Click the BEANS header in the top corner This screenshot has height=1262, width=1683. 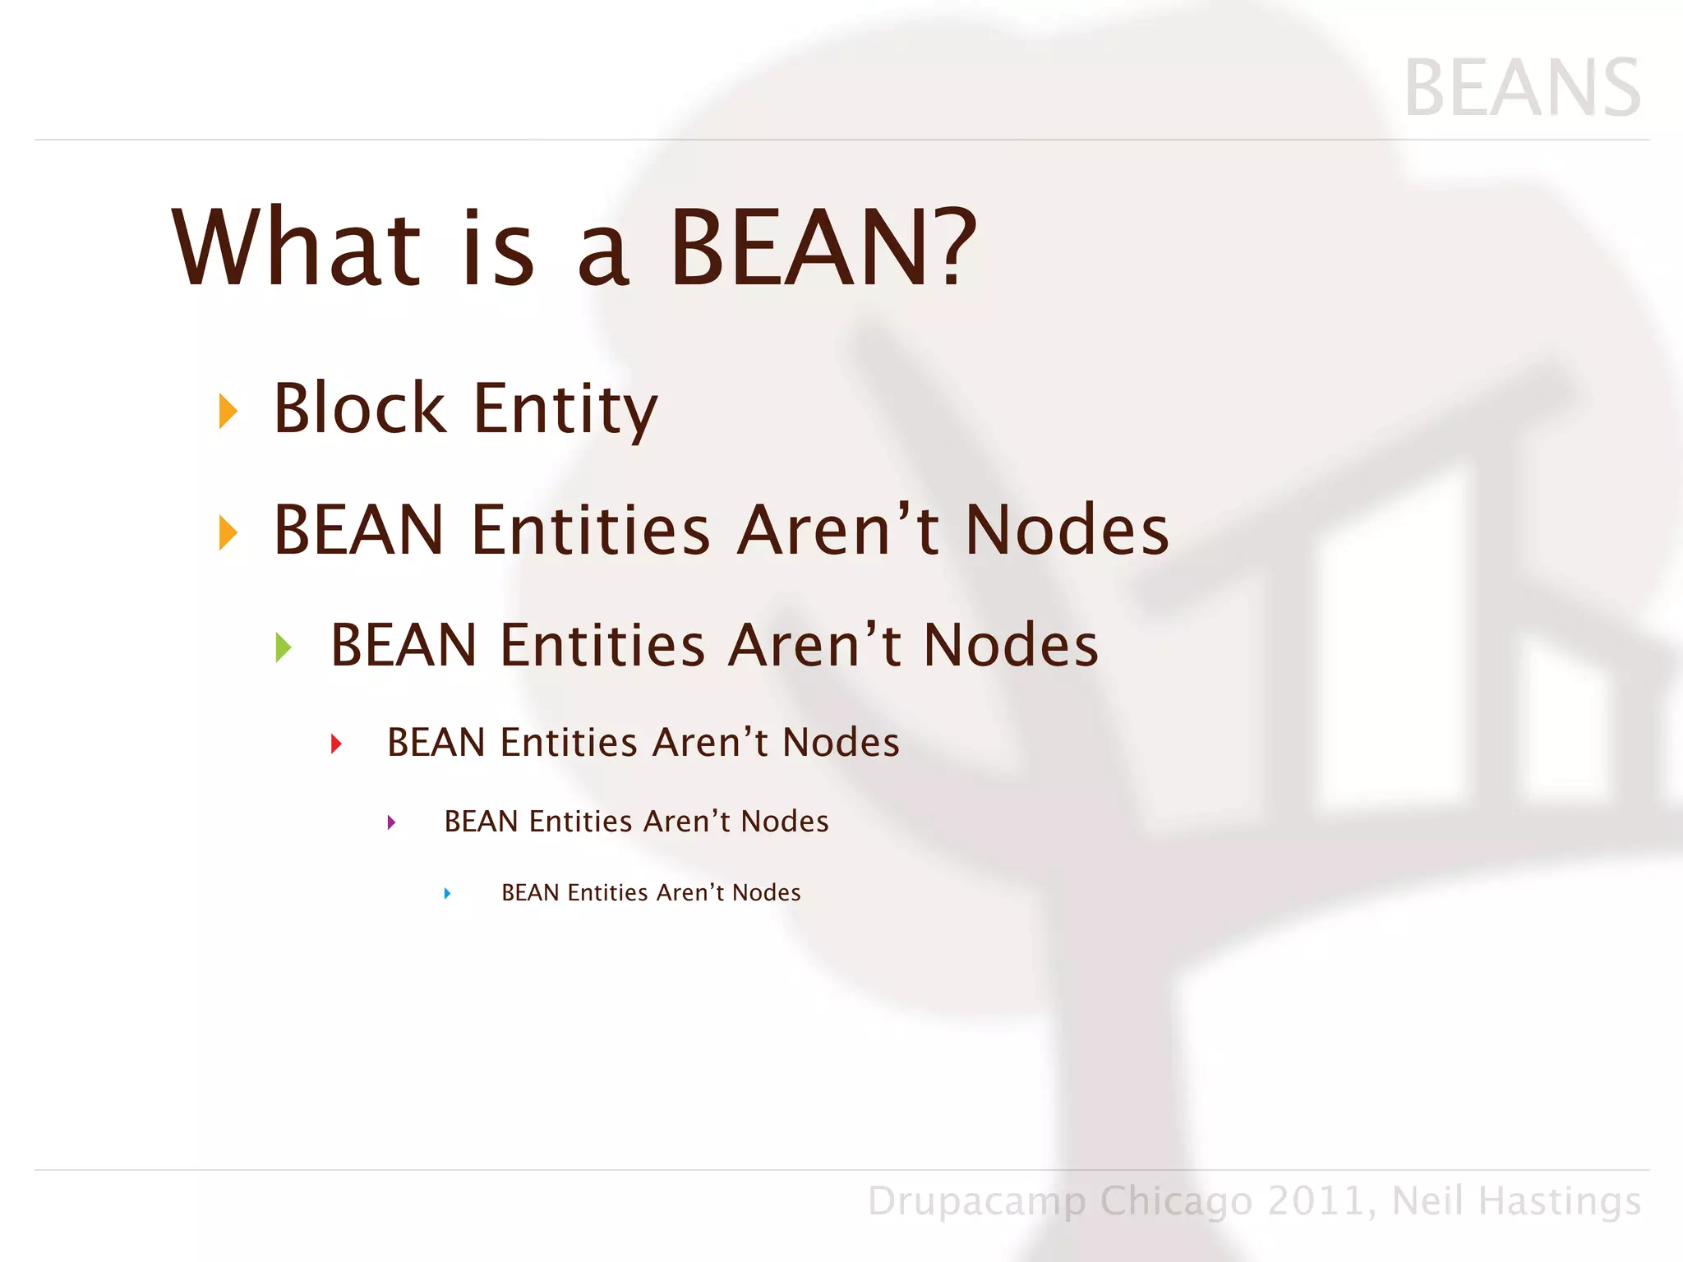click(x=1522, y=89)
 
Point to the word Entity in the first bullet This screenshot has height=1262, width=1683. click(x=565, y=409)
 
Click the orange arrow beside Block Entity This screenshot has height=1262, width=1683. click(x=228, y=411)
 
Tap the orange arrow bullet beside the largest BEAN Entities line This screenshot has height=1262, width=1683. click(x=228, y=532)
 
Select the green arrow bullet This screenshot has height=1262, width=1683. click(x=284, y=647)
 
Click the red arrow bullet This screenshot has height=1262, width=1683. click(x=336, y=744)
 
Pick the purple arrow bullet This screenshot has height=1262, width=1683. click(x=392, y=822)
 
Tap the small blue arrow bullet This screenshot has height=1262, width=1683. click(x=447, y=893)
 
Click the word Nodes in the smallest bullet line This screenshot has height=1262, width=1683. click(x=766, y=893)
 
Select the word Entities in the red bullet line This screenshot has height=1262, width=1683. click(x=569, y=743)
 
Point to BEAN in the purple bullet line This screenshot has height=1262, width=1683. click(x=481, y=822)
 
